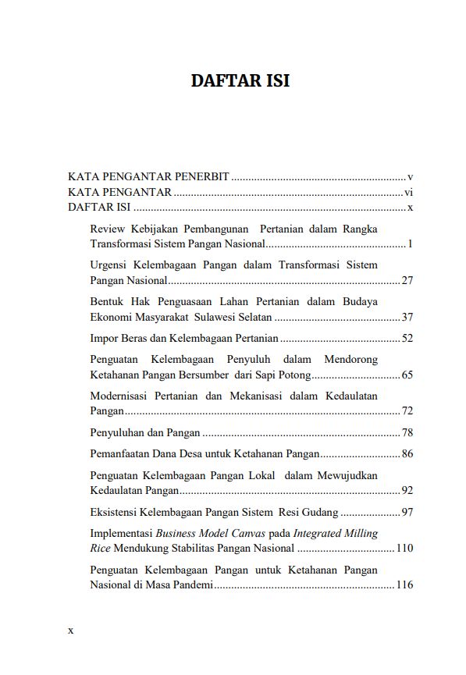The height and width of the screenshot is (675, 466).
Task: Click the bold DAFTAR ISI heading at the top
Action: pos(240,81)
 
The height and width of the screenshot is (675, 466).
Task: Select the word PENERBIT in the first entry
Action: pos(201,176)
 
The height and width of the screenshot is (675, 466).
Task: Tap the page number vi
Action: pos(408,193)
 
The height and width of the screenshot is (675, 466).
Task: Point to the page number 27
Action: pos(407,280)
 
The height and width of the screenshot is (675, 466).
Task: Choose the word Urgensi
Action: pos(110,265)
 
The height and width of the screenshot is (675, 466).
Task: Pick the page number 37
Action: pos(407,317)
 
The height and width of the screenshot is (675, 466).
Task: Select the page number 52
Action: pos(407,338)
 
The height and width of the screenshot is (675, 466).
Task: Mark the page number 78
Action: pos(407,432)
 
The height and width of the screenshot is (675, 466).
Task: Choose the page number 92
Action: pos(407,490)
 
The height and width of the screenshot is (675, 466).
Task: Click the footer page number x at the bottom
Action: pos(70,630)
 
